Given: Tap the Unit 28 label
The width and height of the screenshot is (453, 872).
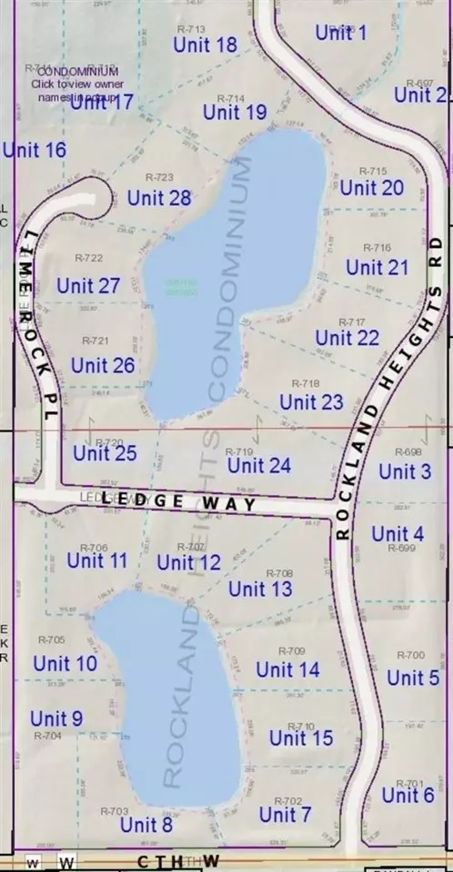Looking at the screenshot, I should click(x=159, y=198).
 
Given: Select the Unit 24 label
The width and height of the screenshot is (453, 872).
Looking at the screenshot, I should click(x=259, y=466).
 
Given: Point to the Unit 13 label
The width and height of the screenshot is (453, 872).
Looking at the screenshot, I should click(x=260, y=589).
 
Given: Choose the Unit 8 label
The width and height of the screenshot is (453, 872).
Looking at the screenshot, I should click(x=146, y=825).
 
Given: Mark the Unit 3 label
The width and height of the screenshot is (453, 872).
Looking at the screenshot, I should click(x=405, y=471).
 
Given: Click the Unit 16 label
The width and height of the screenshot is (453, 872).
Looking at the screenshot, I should click(x=35, y=150).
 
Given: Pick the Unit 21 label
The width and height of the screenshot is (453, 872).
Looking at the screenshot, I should click(x=377, y=268).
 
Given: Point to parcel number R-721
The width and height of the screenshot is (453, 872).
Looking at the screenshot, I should click(x=96, y=342).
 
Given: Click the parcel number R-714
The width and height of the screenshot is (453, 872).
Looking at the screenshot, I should click(x=232, y=98).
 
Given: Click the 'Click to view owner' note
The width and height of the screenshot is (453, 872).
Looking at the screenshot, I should click(x=73, y=84).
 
